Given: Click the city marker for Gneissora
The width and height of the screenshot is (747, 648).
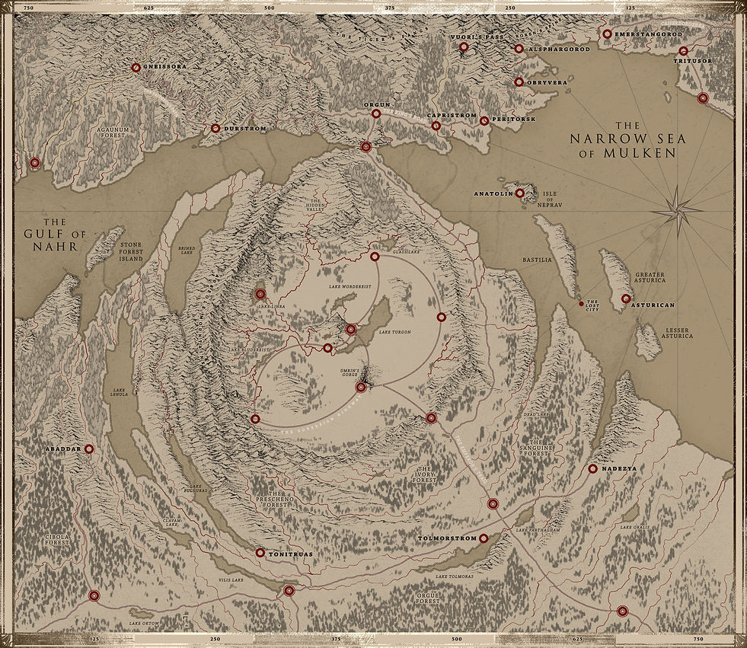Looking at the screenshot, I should click(x=136, y=68).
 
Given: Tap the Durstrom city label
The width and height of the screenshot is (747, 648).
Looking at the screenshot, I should click(x=244, y=129).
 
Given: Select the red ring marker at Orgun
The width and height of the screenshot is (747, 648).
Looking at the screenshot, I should click(x=375, y=113).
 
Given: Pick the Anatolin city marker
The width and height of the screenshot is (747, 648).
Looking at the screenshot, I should click(x=519, y=193).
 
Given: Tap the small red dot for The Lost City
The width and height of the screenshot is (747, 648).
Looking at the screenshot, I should click(x=582, y=304).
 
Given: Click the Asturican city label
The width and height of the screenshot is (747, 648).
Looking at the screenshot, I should click(x=653, y=305).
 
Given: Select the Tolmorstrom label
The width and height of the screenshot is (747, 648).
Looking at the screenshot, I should click(x=447, y=539).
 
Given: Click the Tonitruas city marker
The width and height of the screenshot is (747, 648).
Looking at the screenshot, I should click(x=260, y=553).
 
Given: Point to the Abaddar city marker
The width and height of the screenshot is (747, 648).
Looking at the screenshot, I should click(x=89, y=449).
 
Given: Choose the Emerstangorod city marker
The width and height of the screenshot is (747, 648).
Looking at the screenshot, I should click(x=607, y=34).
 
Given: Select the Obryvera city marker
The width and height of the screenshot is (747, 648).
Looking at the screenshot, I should click(x=519, y=82).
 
